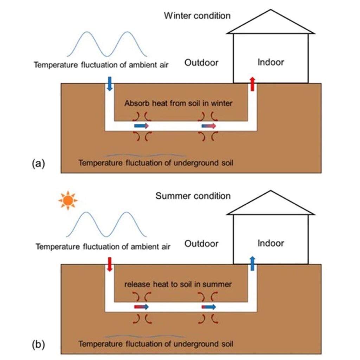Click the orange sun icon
click(x=68, y=200)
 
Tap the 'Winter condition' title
click(x=197, y=15)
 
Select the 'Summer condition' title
click(x=193, y=196)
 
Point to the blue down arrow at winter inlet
click(x=109, y=84)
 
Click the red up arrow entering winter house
click(x=252, y=84)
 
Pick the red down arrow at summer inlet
click(x=109, y=264)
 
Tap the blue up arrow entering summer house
click(x=252, y=263)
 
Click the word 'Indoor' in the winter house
click(x=271, y=63)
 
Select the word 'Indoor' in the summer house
click(x=271, y=243)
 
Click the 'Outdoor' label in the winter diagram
click(x=201, y=63)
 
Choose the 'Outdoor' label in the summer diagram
click(x=201, y=244)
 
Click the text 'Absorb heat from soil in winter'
click(x=178, y=104)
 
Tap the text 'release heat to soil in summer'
click(x=178, y=284)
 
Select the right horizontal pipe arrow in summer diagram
click(x=209, y=307)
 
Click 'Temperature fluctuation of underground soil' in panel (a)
click(x=156, y=163)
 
